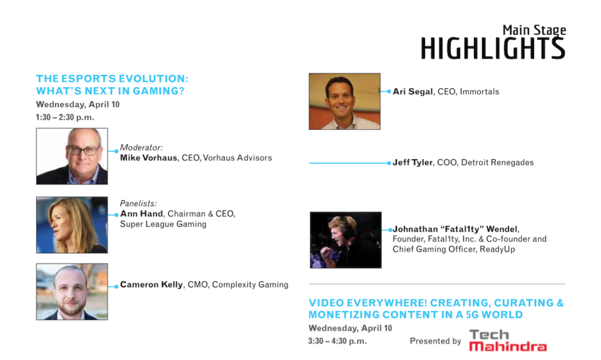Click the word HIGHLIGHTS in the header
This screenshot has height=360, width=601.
pos(493,48)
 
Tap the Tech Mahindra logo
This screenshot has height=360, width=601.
pos(508,341)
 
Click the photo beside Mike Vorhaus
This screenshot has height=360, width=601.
pos(72,157)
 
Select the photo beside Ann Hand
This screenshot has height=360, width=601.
pos(72,225)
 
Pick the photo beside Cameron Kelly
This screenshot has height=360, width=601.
pos(72,292)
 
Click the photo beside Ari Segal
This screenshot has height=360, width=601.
pos(344,101)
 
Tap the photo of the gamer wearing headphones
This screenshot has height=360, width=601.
pos(346,240)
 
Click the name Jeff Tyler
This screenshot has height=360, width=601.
pos(413,163)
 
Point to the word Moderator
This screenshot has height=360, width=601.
pos(141,148)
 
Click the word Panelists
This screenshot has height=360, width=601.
pos(138,203)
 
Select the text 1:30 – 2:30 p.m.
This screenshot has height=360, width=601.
pos(64,117)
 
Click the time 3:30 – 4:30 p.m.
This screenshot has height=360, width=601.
pos(337,341)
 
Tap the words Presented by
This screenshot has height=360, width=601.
pos(435,341)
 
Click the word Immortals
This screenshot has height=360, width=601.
pos(480,91)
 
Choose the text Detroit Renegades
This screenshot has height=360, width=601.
pos(497,163)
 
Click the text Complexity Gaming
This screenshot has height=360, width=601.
pos(250,284)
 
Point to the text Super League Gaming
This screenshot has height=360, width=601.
pos(163,224)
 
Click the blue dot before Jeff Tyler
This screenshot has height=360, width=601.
pos(389,163)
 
